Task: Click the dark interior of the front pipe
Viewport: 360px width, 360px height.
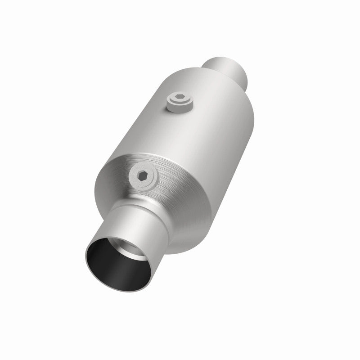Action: [112, 265]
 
